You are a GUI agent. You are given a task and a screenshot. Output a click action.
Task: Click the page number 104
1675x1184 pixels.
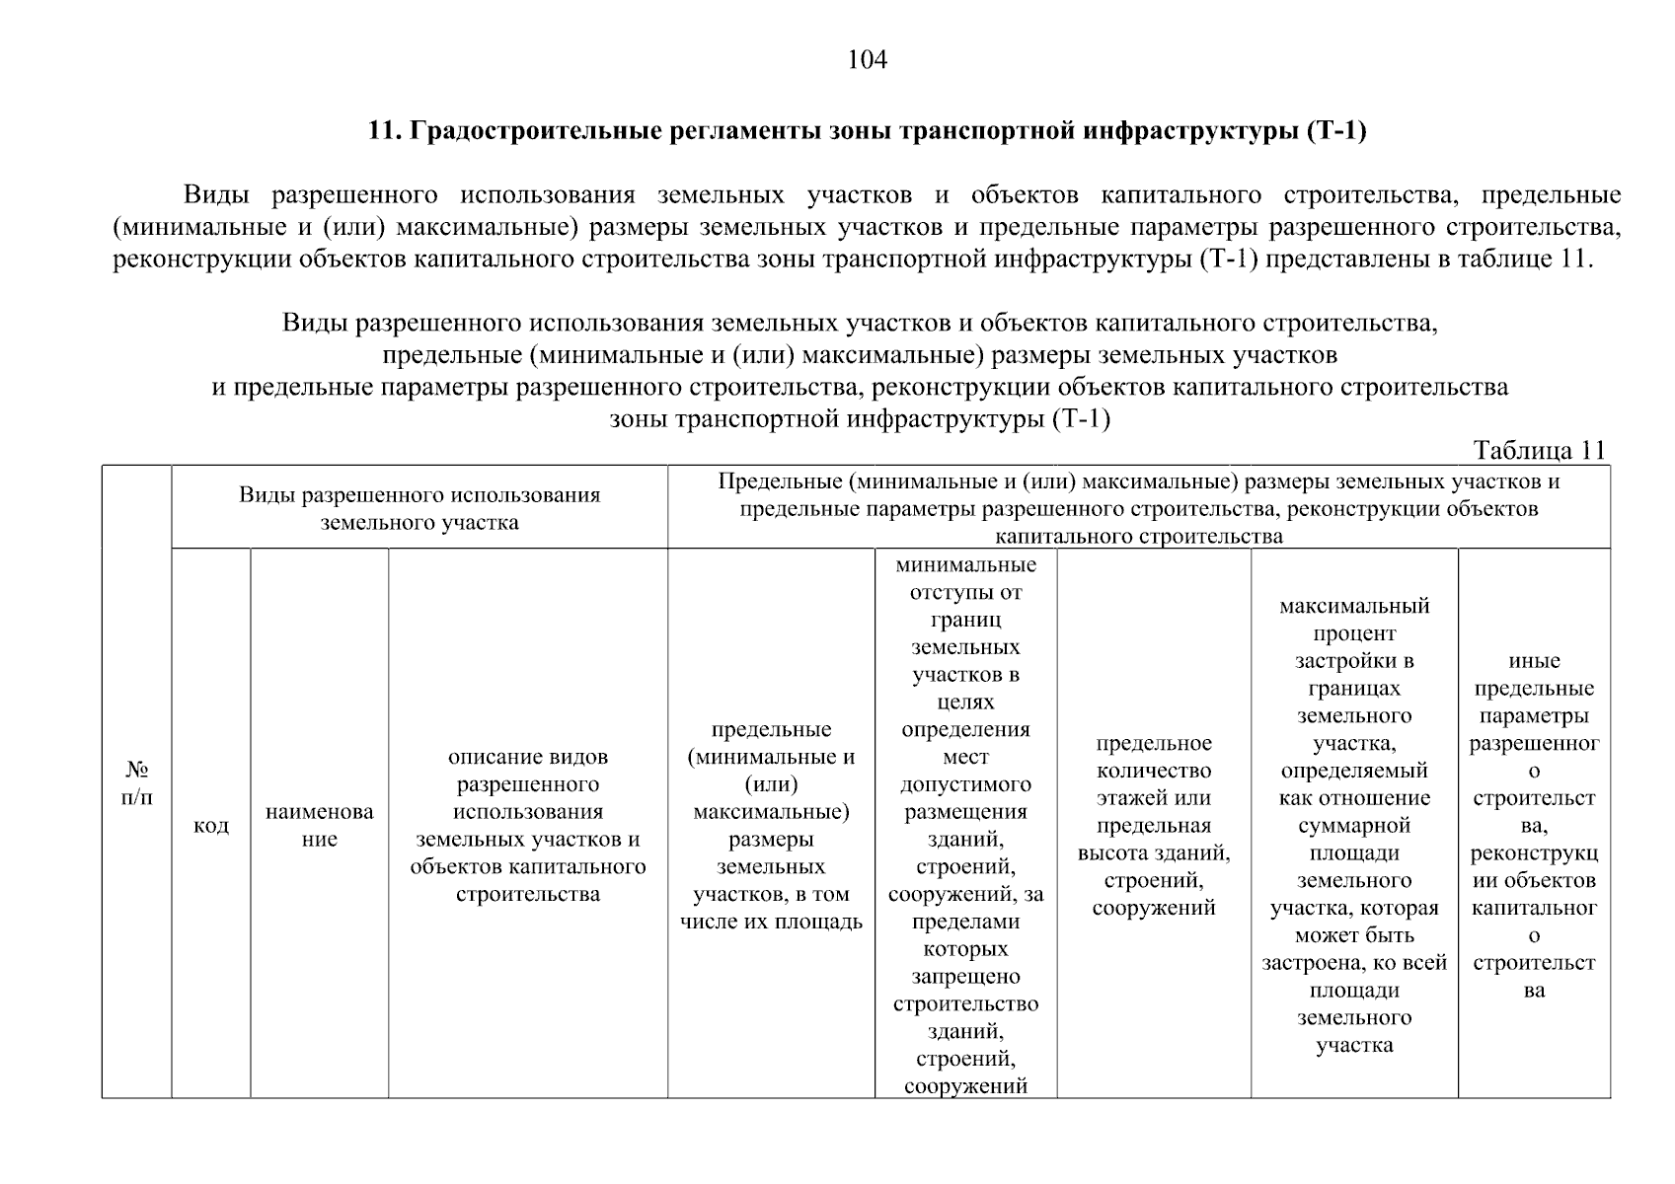[868, 61]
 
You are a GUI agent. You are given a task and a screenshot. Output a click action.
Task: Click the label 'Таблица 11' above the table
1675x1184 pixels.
[1539, 450]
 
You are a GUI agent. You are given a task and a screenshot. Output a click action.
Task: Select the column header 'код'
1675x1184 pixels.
[211, 825]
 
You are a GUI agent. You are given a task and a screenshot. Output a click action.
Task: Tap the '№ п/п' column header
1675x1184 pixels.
[136, 782]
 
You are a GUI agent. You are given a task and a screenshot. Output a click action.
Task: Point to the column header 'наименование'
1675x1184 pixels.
[319, 825]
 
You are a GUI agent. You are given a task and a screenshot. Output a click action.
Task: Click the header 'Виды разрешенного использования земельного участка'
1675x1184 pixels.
[419, 508]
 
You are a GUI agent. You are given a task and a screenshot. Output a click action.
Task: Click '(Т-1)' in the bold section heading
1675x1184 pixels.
[1335, 131]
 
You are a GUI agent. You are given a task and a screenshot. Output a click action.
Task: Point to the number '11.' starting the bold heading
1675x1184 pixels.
[382, 131]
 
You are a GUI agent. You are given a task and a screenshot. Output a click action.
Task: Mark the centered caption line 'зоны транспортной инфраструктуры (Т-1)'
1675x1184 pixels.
[860, 418]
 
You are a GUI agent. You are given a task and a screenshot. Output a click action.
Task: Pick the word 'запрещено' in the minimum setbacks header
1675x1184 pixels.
[965, 977]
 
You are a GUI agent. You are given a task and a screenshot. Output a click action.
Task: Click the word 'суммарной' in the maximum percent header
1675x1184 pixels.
[1354, 826]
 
